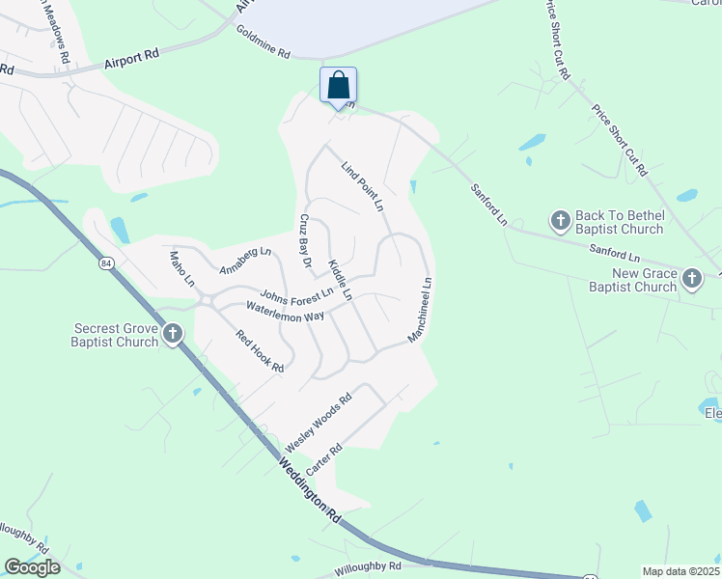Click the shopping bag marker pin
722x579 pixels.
(x=338, y=86)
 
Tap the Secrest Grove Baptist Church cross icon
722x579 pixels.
(x=173, y=334)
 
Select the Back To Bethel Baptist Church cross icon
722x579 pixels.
(x=560, y=221)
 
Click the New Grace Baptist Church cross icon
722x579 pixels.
(x=691, y=279)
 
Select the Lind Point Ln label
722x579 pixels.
(x=363, y=186)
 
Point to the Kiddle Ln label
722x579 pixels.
(x=341, y=279)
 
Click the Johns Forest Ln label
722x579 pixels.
(x=296, y=292)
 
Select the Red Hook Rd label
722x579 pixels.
(x=261, y=351)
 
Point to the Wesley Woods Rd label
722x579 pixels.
(x=319, y=423)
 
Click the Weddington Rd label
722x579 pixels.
(x=311, y=490)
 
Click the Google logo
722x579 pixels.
(x=32, y=567)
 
